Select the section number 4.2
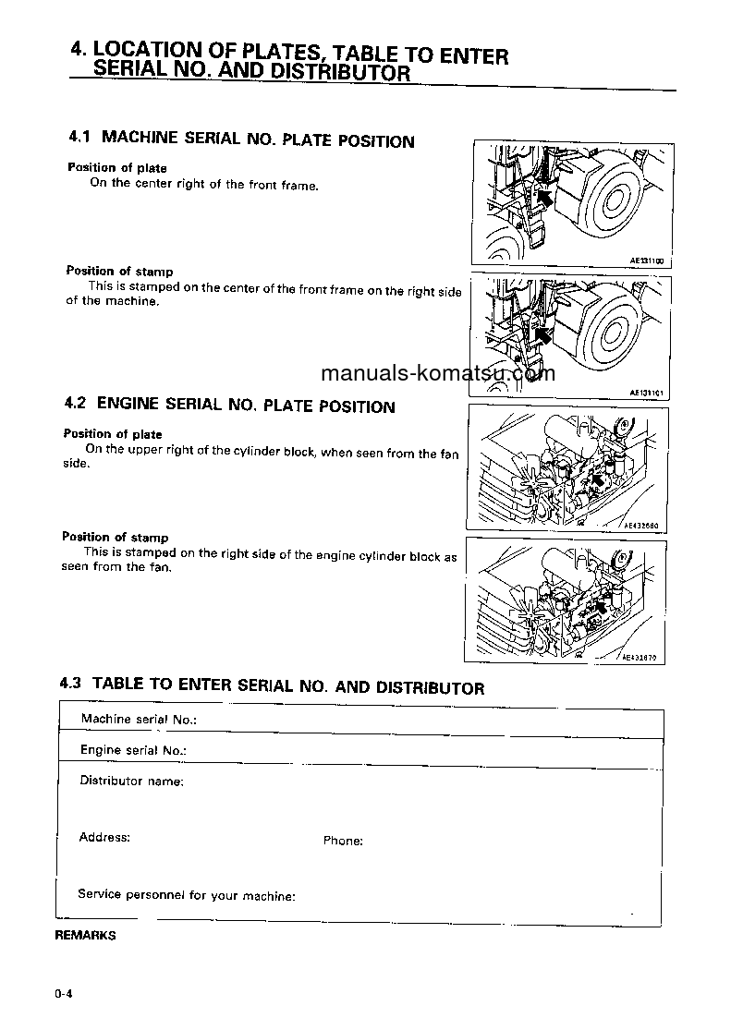[x=76, y=404]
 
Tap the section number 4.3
[x=71, y=685]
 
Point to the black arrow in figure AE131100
[x=545, y=197]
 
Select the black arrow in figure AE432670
[x=603, y=607]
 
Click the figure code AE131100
[x=647, y=262]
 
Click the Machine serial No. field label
[x=139, y=720]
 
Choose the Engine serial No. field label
[x=133, y=751]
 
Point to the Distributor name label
[x=131, y=782]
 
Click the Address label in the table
[x=104, y=838]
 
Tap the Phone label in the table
[x=343, y=842]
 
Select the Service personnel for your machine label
[x=187, y=895]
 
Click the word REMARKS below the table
[x=86, y=935]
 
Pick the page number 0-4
[x=64, y=994]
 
